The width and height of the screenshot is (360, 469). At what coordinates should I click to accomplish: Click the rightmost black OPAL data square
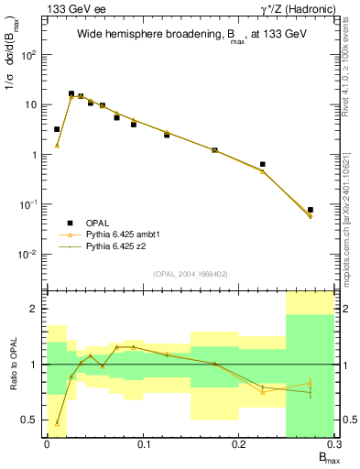(x=311, y=210)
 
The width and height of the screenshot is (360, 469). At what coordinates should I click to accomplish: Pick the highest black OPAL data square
(x=71, y=93)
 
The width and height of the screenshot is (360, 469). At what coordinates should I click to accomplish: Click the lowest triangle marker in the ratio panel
(x=57, y=423)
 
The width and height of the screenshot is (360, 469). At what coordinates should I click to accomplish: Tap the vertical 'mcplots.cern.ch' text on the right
(x=352, y=220)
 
